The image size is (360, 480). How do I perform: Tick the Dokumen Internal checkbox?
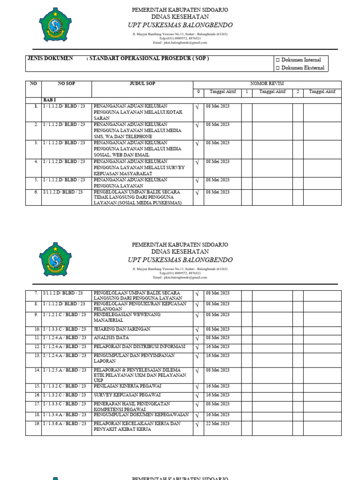277,60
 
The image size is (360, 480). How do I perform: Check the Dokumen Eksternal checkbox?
277,68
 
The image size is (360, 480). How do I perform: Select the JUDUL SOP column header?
142,84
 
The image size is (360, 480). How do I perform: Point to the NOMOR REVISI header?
267,83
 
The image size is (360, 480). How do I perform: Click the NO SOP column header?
66,84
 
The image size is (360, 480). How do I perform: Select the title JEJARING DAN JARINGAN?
122,330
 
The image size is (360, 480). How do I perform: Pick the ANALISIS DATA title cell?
111,338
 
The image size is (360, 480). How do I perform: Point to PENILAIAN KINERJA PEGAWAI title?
127,386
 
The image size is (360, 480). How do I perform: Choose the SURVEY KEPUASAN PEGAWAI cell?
125,395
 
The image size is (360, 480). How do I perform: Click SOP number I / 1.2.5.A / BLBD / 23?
65,370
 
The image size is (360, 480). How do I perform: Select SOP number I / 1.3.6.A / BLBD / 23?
65,424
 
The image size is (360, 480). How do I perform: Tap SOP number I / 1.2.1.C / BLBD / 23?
65,315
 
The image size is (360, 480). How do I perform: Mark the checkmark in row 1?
197,107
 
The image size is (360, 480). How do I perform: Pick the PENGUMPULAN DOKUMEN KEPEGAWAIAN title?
141,415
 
